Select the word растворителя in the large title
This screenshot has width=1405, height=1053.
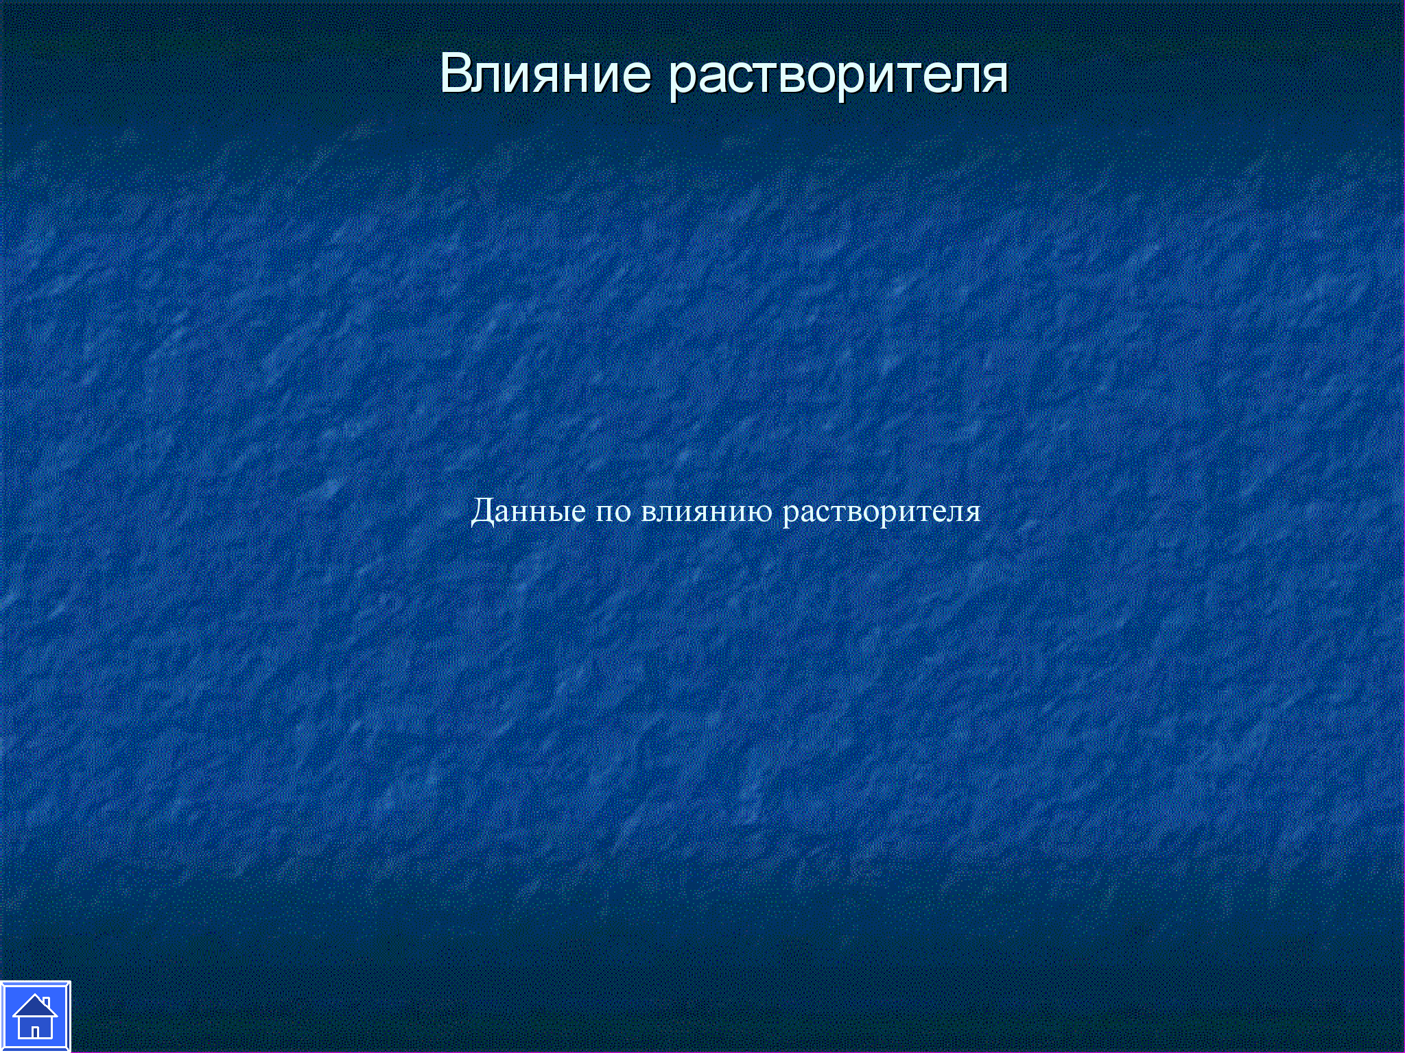tap(838, 77)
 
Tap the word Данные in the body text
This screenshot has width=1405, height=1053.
tap(528, 511)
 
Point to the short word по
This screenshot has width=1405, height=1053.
tap(613, 513)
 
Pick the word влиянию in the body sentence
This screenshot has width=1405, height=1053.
tap(707, 513)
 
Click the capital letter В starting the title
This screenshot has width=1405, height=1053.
tap(455, 73)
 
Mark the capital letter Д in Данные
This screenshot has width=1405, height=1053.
tap(483, 511)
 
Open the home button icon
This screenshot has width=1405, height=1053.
tap(35, 1017)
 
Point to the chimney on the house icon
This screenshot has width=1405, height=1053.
tap(46, 1002)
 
